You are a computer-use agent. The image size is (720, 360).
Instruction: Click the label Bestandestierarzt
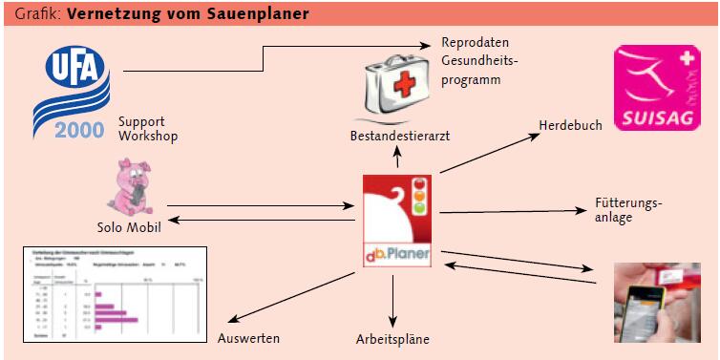(x=399, y=137)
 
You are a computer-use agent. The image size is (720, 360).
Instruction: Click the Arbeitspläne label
(x=392, y=339)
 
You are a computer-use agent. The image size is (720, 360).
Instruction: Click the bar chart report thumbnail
(x=114, y=294)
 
